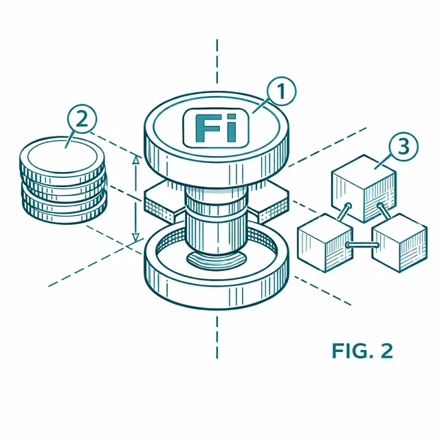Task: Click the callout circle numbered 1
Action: coord(281,91)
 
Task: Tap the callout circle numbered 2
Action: coord(82,120)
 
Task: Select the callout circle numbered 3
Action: coord(404,146)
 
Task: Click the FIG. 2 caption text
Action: coord(362,351)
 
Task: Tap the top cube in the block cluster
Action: coord(364,188)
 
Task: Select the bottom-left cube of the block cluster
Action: coord(325,243)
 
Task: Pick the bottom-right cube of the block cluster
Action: coord(399,243)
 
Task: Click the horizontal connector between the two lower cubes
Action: coord(363,245)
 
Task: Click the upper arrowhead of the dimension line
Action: coord(136,159)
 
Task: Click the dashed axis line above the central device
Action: coord(217,61)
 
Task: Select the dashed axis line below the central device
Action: coord(217,338)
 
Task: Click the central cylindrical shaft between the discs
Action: coord(217,221)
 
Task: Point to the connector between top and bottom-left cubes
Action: coord(344,212)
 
